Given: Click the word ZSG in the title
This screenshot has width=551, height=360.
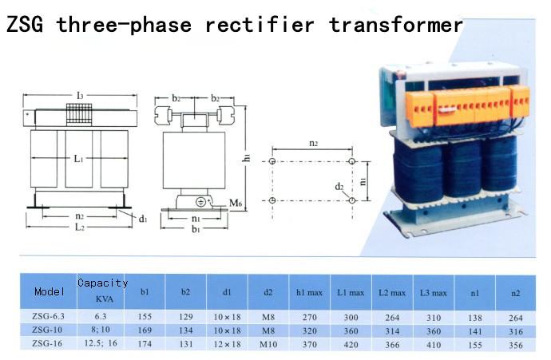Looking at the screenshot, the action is pos(25,25).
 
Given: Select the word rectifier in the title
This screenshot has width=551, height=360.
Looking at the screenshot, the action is pos(260,25).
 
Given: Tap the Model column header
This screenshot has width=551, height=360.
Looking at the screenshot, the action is pos(50,291).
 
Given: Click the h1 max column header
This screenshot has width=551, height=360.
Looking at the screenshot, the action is pos(309,292).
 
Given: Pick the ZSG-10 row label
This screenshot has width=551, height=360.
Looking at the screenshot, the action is pos(47,330).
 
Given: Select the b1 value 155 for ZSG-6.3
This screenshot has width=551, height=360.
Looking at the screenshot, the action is pos(145,317).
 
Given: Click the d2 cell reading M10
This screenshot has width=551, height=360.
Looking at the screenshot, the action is pos(268,345).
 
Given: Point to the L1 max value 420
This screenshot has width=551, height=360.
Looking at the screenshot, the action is pos(351,345).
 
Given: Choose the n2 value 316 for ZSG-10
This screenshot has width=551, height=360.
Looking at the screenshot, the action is pos(516,331).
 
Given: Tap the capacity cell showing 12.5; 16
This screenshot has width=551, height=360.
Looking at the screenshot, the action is pos(101,343).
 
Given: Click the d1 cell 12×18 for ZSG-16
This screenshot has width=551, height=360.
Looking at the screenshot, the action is pos(227,345).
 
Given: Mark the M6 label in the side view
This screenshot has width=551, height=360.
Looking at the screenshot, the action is pos(236,203).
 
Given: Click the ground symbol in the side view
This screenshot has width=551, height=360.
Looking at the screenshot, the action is pos(200,202).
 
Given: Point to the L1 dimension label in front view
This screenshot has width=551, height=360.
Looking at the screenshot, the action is pos(78,159).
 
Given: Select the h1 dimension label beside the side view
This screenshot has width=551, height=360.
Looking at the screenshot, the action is pos(247,158).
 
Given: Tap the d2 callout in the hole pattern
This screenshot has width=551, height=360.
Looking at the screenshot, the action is pos(339,187).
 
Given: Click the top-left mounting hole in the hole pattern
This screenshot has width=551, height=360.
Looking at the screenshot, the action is pos(272,161).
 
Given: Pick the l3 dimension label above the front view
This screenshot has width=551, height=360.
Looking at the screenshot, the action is pos(80,95).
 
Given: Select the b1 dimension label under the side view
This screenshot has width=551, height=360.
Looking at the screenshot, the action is pos(196,230).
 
